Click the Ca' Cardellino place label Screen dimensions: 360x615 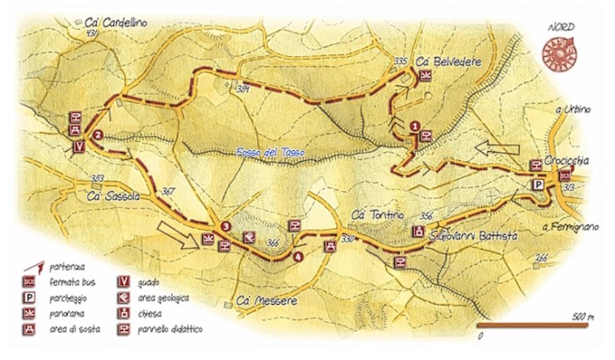point(116,23)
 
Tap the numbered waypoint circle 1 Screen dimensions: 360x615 point(415,126)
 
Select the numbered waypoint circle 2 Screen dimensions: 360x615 point(99,134)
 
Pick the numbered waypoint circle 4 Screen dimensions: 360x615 point(298,256)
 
